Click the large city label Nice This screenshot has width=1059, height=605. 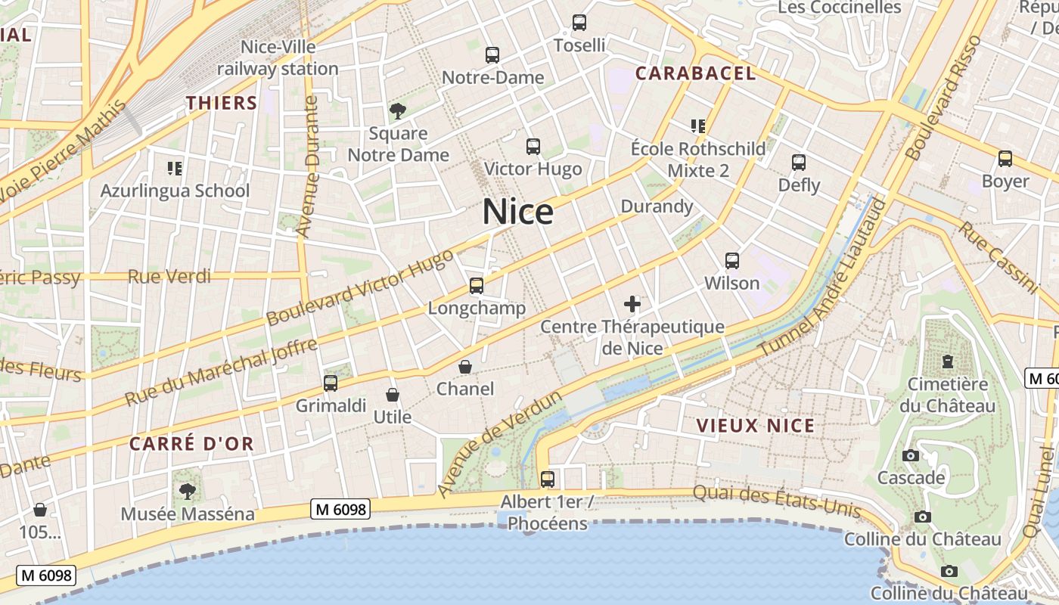pos(518,212)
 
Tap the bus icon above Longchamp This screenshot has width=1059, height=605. pos(477,285)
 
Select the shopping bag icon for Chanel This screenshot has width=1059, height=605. pos(465,367)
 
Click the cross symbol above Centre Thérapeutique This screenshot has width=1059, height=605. pos(632,305)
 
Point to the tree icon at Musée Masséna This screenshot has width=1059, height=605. pos(188,492)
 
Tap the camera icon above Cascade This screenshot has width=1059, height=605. pos(911,455)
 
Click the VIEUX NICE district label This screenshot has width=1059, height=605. pos(756,425)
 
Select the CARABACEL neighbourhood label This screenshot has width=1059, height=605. pos(695,73)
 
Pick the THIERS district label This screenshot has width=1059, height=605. pos(222,103)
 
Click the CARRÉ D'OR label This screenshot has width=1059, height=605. pos(191,443)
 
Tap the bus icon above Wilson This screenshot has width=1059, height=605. pos(732,261)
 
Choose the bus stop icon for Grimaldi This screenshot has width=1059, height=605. pos(331,383)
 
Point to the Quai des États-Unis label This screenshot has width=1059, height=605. pos(777,501)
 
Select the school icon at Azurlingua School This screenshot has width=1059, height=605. pos(175,168)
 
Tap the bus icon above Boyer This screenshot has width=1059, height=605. pos(1005,159)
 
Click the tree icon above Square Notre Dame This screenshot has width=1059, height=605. pos(398,112)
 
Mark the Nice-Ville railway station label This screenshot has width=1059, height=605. pos(278,58)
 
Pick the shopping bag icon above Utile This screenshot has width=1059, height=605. pos(393,395)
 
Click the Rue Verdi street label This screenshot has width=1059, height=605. pos(169,276)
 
